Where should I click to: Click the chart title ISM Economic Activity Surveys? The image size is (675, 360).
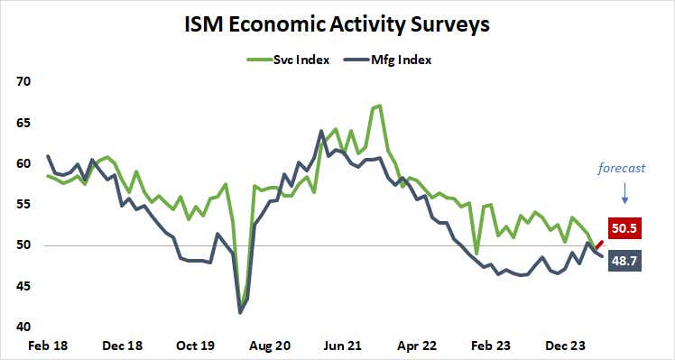coord(337,24)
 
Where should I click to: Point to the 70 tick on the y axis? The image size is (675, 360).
coord(23,81)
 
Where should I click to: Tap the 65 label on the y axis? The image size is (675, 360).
coord(23,123)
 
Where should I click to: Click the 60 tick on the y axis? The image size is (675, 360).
coord(23,163)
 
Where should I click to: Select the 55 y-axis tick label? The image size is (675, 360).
coord(23,205)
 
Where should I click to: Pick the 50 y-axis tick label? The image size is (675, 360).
coord(23,245)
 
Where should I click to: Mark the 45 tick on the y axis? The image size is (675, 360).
coord(23,286)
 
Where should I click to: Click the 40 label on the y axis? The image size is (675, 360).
coord(23,328)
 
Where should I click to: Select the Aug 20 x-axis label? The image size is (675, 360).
coord(269,346)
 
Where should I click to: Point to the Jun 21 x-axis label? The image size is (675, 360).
coord(342,346)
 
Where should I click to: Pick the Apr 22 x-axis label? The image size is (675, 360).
coord(416,346)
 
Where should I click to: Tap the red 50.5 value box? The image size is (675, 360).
coord(626,229)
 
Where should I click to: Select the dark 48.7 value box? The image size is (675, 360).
coord(626,262)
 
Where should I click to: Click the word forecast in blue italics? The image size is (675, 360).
coord(624,168)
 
